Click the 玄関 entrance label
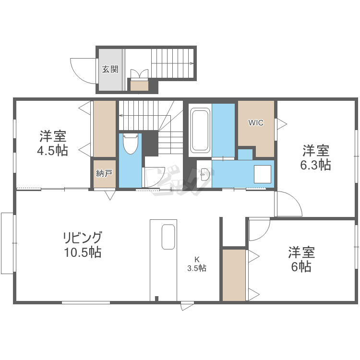tap(110, 69)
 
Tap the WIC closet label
tap(256, 122)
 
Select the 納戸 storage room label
tap(104, 173)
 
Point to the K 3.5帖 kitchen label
tap(197, 264)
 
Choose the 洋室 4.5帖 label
tap(53, 144)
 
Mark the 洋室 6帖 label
tap(301, 259)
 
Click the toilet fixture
tap(130, 144)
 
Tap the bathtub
tap(200, 130)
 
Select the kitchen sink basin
tap(168, 237)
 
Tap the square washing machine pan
tap(262, 174)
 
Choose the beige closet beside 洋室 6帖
tap(234, 275)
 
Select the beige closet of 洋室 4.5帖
tap(105, 128)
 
